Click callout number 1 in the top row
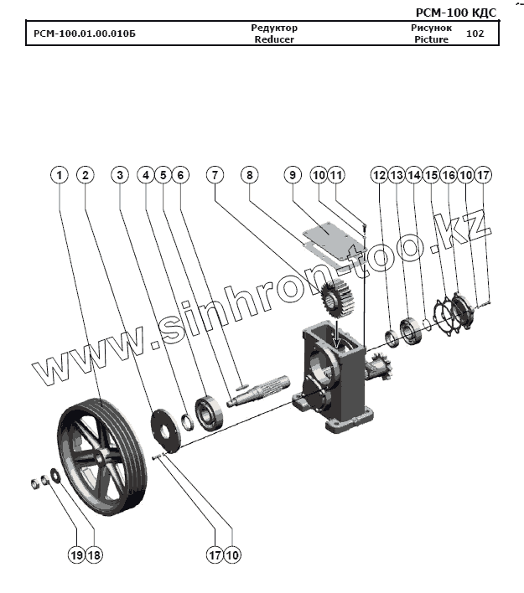[x=59, y=175]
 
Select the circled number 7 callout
[x=215, y=175]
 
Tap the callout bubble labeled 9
[x=292, y=175]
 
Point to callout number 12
[x=379, y=175]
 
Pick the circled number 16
[x=449, y=175]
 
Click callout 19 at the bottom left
[x=77, y=554]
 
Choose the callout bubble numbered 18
[x=94, y=554]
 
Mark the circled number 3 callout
[x=121, y=175]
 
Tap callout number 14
[x=413, y=175]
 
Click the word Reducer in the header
[x=274, y=39]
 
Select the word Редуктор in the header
[x=274, y=28]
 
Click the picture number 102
[x=475, y=34]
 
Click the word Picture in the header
[x=431, y=39]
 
